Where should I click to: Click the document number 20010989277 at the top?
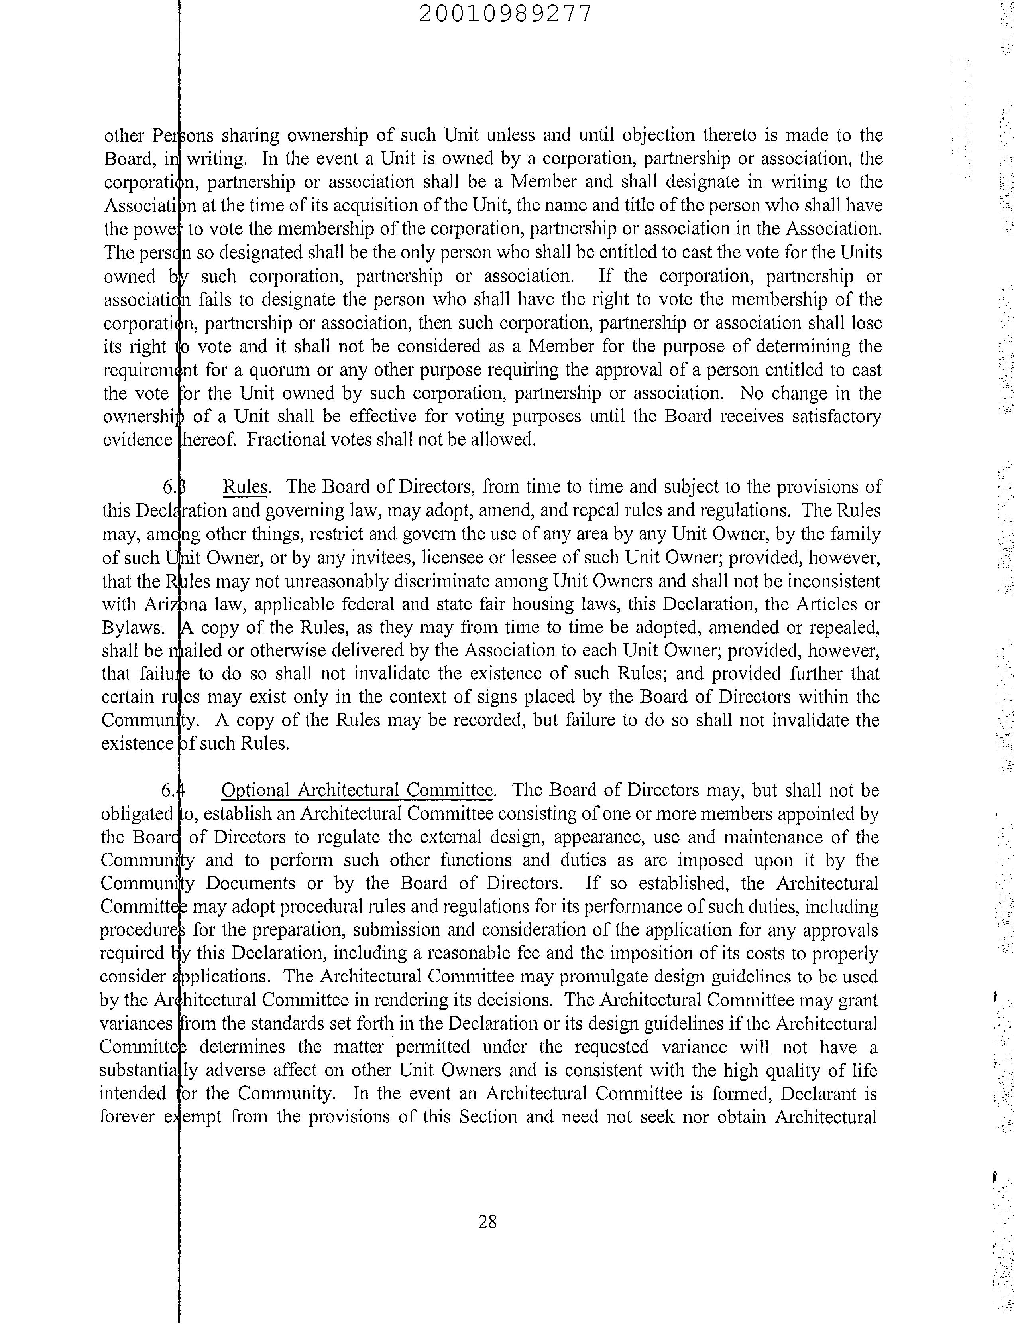click(505, 13)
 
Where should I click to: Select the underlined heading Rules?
click(245, 487)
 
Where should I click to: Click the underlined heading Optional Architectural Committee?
click(357, 791)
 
